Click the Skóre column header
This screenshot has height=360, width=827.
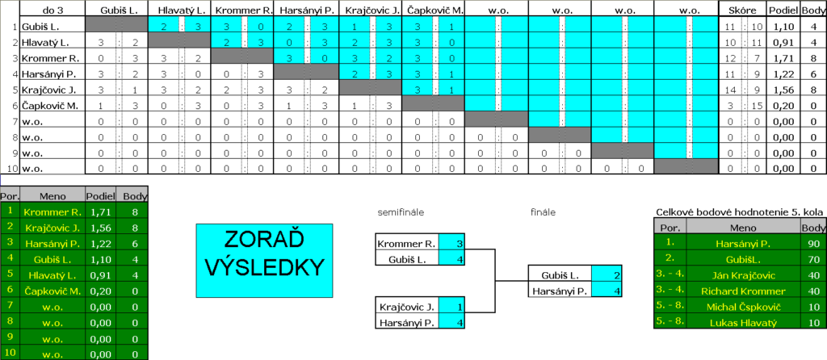743,10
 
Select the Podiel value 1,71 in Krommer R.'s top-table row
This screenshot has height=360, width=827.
783,58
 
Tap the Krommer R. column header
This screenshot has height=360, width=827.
241,10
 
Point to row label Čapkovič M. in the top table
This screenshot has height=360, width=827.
50,106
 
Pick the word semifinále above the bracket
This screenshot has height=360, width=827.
401,212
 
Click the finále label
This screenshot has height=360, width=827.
543,212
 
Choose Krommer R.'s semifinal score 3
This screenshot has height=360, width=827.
460,244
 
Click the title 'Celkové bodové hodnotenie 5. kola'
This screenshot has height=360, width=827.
741,212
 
